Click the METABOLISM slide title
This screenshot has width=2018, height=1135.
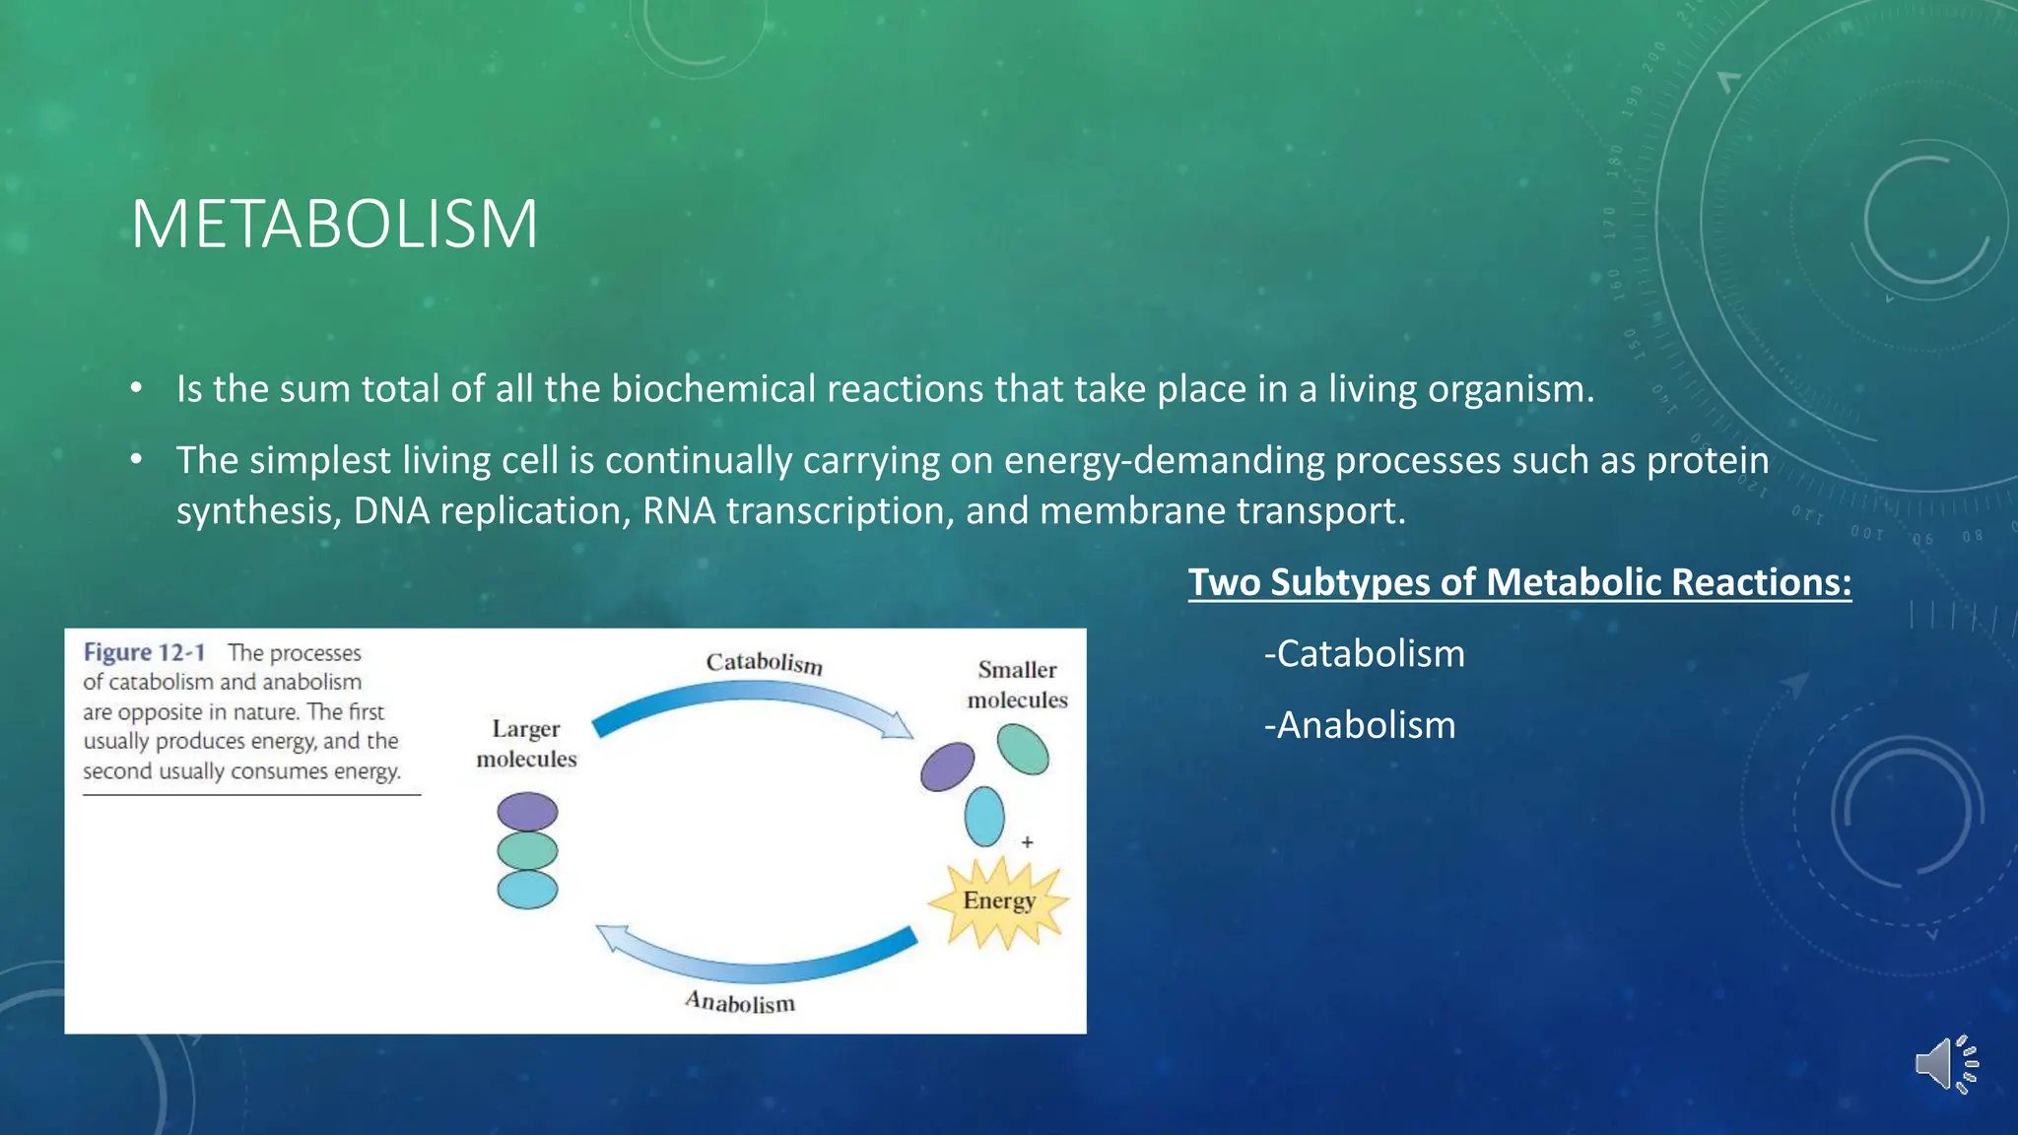point(334,225)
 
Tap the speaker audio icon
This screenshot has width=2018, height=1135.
point(1945,1064)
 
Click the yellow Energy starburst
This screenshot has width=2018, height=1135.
point(998,901)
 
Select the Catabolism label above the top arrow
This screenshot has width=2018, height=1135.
point(764,662)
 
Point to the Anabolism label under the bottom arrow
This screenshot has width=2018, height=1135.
point(739,1002)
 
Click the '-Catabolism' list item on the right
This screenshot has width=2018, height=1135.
point(1364,654)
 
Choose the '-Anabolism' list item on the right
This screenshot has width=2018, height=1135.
point(1359,725)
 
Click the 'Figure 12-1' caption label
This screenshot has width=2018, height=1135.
point(144,652)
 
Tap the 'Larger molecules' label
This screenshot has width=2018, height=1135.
point(526,744)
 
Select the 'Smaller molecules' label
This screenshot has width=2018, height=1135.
point(1017,685)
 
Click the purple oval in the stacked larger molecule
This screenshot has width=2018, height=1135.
point(527,813)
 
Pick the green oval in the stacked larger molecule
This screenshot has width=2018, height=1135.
point(527,851)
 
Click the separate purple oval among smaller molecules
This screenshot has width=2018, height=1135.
point(947,767)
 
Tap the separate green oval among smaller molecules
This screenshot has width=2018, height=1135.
point(1022,749)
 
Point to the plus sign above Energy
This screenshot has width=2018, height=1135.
point(1027,842)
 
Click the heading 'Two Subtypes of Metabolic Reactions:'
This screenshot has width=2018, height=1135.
point(1518,582)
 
